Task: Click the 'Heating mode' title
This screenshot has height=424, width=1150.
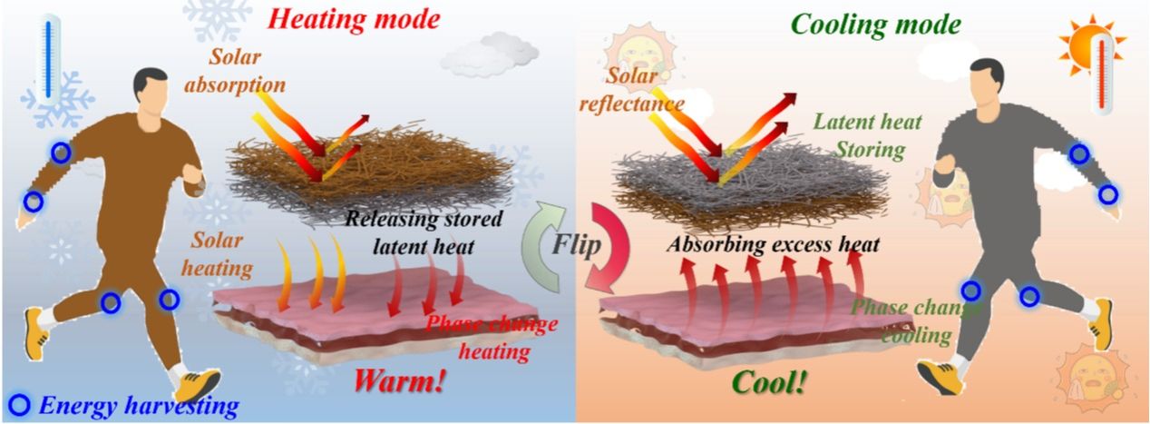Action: (x=354, y=19)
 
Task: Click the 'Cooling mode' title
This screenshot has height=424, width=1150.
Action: (x=876, y=25)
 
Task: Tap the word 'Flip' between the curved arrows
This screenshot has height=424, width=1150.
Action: (x=576, y=243)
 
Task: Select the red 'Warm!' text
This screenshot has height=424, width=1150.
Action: (x=399, y=381)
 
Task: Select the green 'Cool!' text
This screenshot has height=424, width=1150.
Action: (x=769, y=382)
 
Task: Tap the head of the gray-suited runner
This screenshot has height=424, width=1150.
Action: (x=986, y=81)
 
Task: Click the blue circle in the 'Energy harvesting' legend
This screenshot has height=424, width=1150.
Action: (x=20, y=406)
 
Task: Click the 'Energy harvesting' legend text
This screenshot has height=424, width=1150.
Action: (x=139, y=406)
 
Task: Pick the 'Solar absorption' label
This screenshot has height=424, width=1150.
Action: (x=235, y=71)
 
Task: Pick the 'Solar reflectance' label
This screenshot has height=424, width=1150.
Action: (x=632, y=89)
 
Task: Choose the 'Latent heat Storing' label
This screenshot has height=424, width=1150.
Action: (x=868, y=135)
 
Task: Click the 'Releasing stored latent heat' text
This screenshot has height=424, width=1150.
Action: (x=424, y=232)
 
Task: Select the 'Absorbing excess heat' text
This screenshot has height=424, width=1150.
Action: (x=774, y=244)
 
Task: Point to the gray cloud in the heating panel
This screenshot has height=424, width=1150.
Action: (x=491, y=53)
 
